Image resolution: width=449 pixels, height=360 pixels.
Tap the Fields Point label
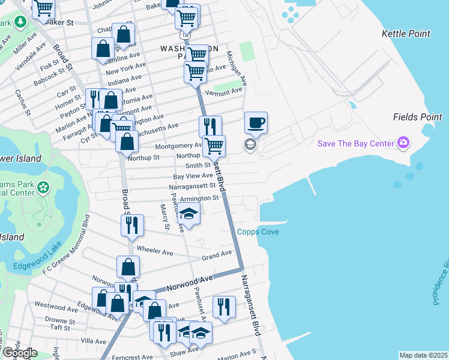417,117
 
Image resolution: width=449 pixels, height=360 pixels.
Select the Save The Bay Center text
355,143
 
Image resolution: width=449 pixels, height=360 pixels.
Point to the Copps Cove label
258,232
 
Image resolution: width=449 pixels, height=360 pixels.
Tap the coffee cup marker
256,124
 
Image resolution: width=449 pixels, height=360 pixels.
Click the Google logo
20,353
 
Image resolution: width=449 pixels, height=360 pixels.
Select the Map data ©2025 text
423,355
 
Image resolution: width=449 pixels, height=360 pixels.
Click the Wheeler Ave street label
155,248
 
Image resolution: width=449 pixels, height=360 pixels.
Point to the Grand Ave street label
217,254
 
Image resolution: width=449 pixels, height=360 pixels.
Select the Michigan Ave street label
237,67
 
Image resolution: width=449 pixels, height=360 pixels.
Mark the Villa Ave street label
93,341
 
